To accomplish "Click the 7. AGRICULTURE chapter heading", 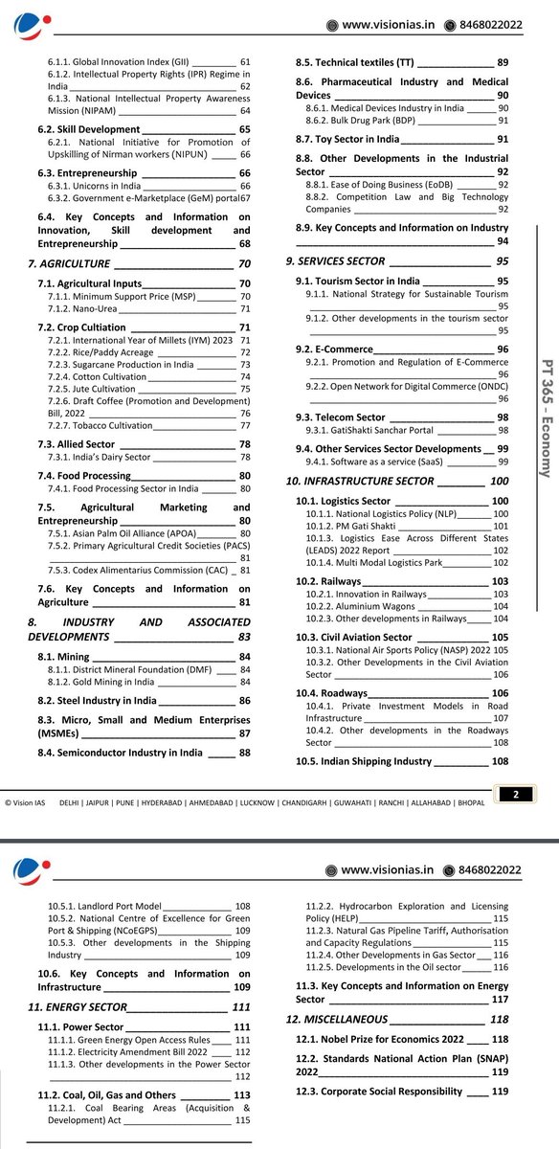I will coord(72,262).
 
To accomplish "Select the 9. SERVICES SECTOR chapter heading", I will coord(335,260).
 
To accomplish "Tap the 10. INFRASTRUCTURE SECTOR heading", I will coord(360,481).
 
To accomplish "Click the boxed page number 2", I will coord(515,794).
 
